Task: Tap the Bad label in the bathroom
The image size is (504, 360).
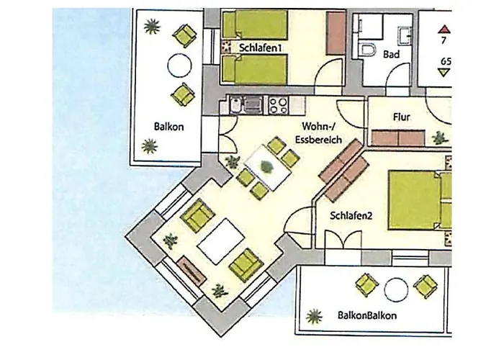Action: (391, 55)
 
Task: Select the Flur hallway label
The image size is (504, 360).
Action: (402, 116)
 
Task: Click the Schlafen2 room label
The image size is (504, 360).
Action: (350, 215)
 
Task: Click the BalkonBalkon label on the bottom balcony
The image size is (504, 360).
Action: (366, 315)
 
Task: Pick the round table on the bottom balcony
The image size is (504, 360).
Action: (396, 289)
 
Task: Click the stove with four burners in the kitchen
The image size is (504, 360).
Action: (278, 105)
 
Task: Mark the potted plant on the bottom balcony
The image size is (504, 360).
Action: (314, 315)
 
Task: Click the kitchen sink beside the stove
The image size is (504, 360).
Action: (252, 106)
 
